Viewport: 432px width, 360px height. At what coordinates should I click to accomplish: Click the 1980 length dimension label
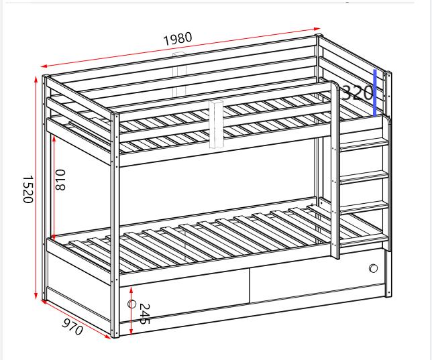tap(177, 38)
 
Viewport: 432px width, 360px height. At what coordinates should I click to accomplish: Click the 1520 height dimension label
tap(28, 190)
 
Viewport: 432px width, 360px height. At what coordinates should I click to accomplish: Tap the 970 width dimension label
tap(72, 327)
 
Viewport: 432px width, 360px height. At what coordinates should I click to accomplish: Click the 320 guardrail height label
tap(356, 93)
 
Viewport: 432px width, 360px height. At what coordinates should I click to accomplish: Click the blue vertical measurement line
tap(374, 93)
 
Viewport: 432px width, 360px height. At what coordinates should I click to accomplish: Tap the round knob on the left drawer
tap(131, 304)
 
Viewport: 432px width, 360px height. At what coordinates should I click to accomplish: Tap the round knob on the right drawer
tap(373, 269)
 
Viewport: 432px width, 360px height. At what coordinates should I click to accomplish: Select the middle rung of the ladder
tap(365, 176)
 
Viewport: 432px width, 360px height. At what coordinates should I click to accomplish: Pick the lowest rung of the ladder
tap(365, 207)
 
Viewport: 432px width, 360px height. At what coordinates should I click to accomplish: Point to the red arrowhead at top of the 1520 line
tap(36, 80)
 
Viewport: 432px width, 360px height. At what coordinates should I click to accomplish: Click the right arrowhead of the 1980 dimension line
tap(318, 29)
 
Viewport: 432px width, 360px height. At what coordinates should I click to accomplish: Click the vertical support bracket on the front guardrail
tap(217, 124)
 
